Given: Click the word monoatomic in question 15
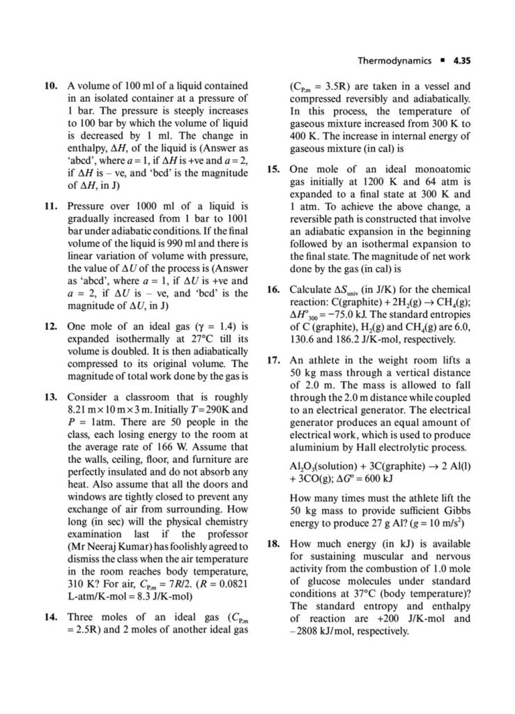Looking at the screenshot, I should (440, 169).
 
